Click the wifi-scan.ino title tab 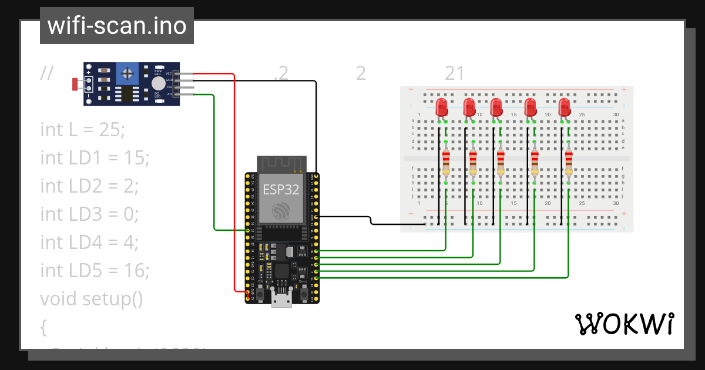click(x=116, y=26)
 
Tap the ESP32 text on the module click(x=280, y=189)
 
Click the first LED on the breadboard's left click(x=442, y=108)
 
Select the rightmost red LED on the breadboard click(x=565, y=108)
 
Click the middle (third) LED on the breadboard click(x=496, y=108)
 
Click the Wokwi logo click(x=624, y=324)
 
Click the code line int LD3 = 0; click(x=89, y=214)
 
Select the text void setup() click(x=92, y=298)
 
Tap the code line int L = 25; click(x=82, y=129)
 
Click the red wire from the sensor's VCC click(x=234, y=176)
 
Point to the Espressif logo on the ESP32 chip click(x=280, y=211)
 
